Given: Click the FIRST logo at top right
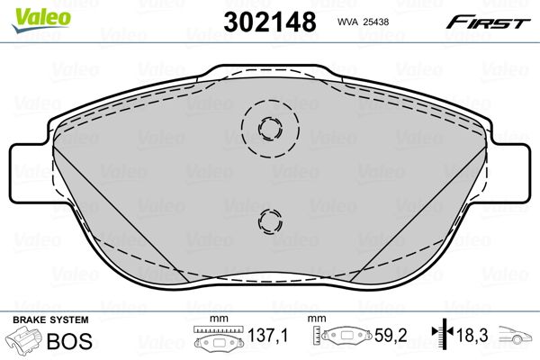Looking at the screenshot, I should [494, 22].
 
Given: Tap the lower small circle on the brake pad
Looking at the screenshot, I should [267, 220].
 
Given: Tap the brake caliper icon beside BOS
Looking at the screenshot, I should [22, 342].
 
